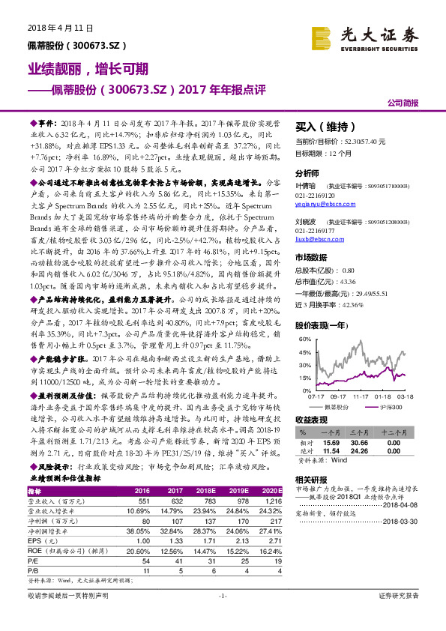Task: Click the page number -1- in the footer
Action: tap(223, 616)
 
